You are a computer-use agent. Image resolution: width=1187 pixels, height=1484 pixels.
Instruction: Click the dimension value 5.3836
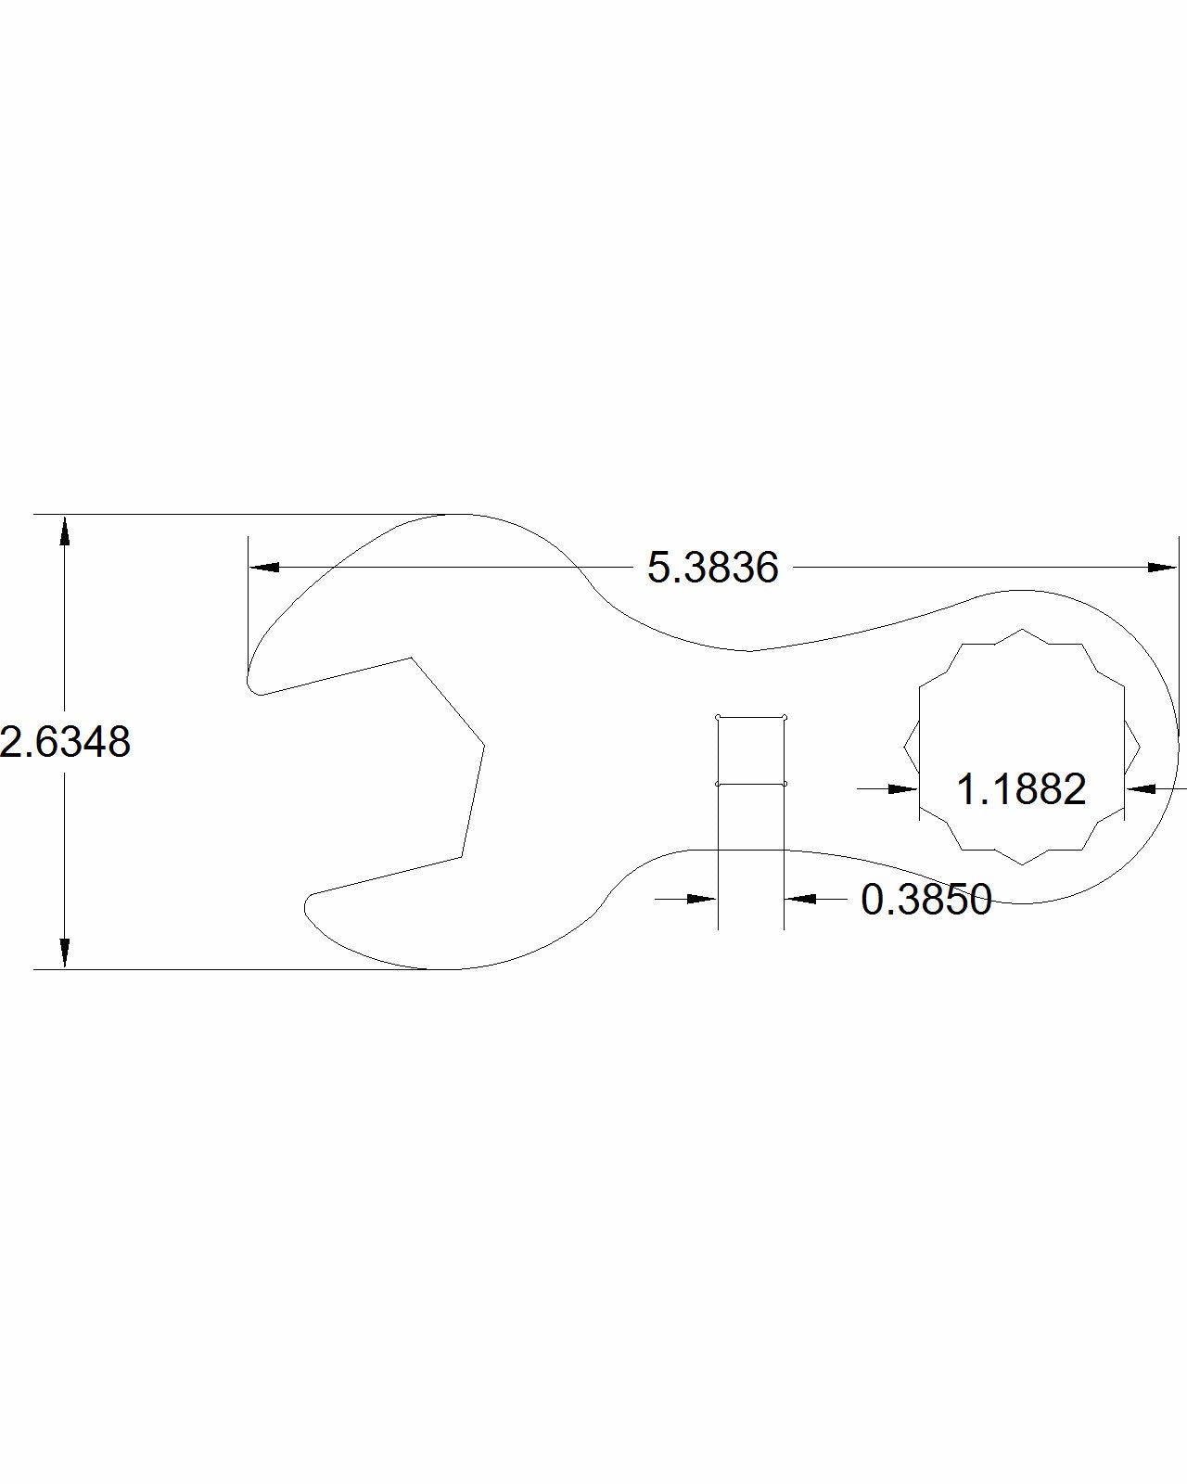click(712, 568)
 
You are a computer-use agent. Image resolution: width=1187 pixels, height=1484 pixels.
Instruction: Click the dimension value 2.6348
click(65, 742)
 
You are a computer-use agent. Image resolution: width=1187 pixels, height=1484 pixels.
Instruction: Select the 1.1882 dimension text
click(1020, 789)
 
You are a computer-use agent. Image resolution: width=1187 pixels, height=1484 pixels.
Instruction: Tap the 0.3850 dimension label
click(925, 899)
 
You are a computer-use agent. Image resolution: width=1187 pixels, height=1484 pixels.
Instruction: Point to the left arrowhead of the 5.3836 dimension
click(264, 568)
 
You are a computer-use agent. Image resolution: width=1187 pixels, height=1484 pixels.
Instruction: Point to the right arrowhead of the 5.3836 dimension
click(1162, 568)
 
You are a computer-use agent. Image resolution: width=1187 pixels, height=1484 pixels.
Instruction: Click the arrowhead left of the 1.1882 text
click(902, 788)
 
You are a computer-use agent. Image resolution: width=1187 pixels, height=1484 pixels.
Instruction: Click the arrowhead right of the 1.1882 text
click(1142, 788)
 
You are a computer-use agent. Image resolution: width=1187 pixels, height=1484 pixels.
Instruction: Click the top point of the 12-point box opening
click(1022, 629)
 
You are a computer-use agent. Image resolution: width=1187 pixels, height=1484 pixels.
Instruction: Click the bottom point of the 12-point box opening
click(1022, 864)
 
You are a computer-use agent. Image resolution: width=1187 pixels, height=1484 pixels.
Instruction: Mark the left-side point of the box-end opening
click(904, 746)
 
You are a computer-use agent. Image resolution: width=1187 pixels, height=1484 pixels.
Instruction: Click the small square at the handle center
click(751, 750)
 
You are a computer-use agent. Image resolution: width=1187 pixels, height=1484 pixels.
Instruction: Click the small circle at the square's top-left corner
click(719, 717)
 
